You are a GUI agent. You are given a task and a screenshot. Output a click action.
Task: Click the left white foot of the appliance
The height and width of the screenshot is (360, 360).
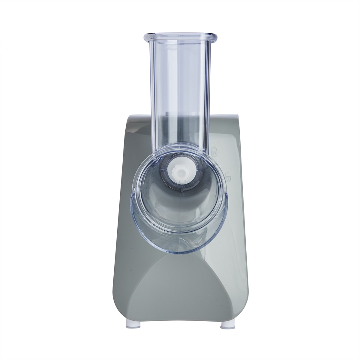(133, 324)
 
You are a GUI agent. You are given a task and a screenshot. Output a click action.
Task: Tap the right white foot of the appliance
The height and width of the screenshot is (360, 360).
(228, 324)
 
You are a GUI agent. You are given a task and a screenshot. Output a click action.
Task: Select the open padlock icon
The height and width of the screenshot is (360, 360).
(227, 176)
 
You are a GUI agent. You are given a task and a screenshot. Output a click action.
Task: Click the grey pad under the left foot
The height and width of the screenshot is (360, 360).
(133, 327)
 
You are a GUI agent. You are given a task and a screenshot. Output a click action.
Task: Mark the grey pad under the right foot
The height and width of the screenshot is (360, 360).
(228, 328)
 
